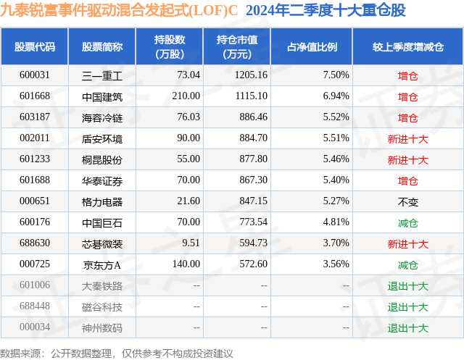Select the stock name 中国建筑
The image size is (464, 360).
click(102, 96)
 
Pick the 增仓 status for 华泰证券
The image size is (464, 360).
click(408, 180)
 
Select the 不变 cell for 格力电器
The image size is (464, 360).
click(408, 201)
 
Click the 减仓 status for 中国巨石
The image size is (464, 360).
click(408, 222)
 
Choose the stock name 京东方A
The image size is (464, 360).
click(102, 265)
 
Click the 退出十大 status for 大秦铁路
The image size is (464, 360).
click(408, 286)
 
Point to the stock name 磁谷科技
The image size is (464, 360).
click(102, 307)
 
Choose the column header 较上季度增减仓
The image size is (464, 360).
click(408, 47)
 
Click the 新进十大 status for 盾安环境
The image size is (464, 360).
click(408, 138)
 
